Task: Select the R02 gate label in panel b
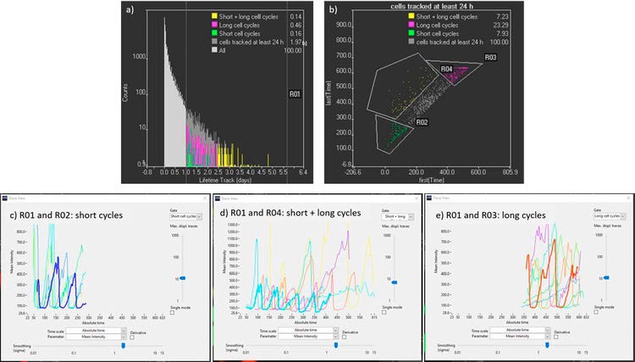pyautogui.click(x=421, y=123)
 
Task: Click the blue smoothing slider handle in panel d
pyautogui.click(x=336, y=346)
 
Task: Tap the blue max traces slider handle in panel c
pyautogui.click(x=181, y=277)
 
